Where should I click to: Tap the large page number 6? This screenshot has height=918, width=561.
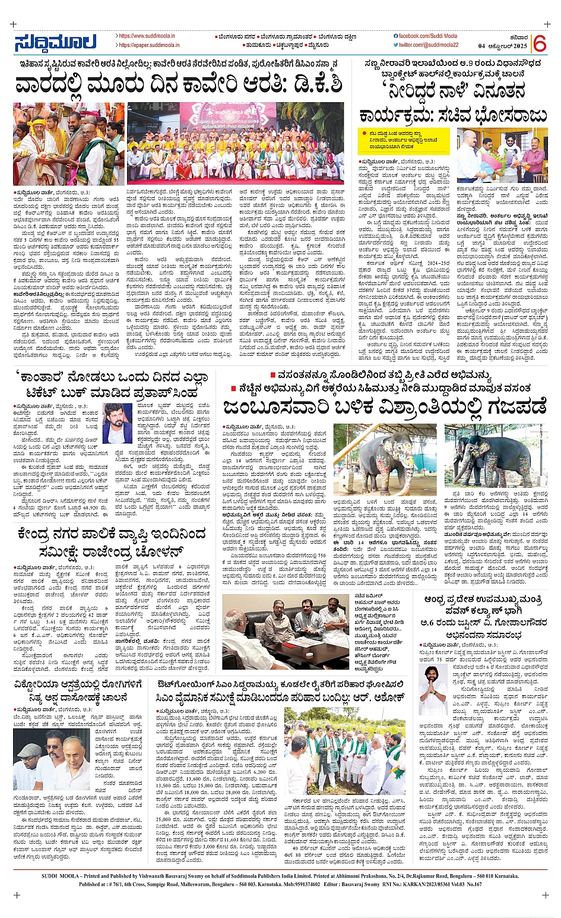pos(539,43)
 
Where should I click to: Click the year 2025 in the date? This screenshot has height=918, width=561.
pos(518,46)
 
